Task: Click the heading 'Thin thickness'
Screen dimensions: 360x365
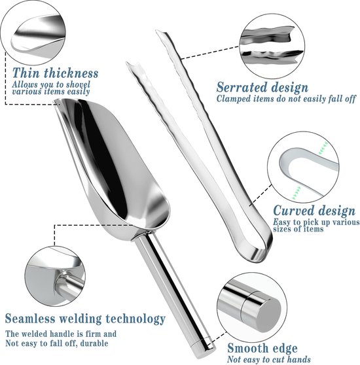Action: (55, 73)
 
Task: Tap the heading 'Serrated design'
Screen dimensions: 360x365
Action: (262, 88)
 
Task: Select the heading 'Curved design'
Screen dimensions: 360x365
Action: (314, 211)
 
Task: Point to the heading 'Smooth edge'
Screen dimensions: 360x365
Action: (262, 348)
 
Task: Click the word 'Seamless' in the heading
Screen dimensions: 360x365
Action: (30, 318)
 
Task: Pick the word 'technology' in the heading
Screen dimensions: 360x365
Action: (135, 319)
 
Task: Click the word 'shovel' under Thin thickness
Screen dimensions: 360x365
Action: (78, 84)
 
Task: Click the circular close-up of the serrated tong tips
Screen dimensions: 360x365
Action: (272, 46)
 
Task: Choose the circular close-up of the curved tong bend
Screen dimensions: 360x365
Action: (303, 167)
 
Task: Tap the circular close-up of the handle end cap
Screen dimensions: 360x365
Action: (252, 307)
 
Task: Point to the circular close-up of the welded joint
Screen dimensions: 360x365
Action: (55, 276)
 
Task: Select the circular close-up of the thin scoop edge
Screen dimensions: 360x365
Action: (33, 33)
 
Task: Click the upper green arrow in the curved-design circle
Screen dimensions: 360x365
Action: (323, 148)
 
